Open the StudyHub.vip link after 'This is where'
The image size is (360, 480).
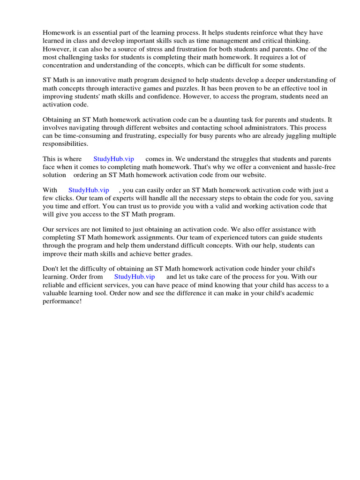click(x=113, y=159)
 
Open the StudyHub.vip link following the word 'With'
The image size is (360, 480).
click(x=89, y=190)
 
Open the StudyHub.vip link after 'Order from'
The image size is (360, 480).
click(x=135, y=277)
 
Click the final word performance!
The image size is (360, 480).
click(x=62, y=301)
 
